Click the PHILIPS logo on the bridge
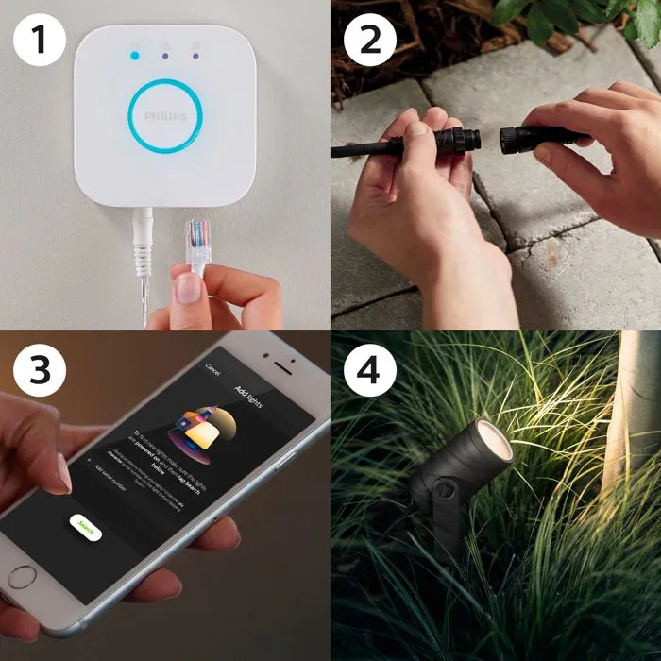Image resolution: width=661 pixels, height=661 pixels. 165,115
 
